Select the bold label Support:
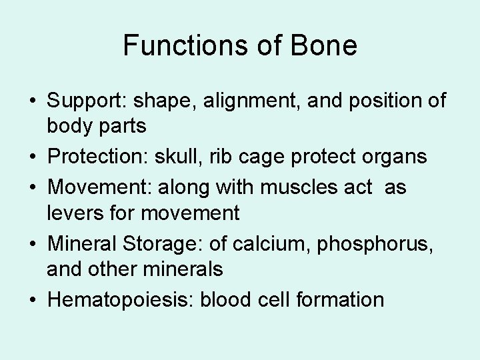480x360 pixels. coord(89,102)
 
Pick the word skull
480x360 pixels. coord(171,156)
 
